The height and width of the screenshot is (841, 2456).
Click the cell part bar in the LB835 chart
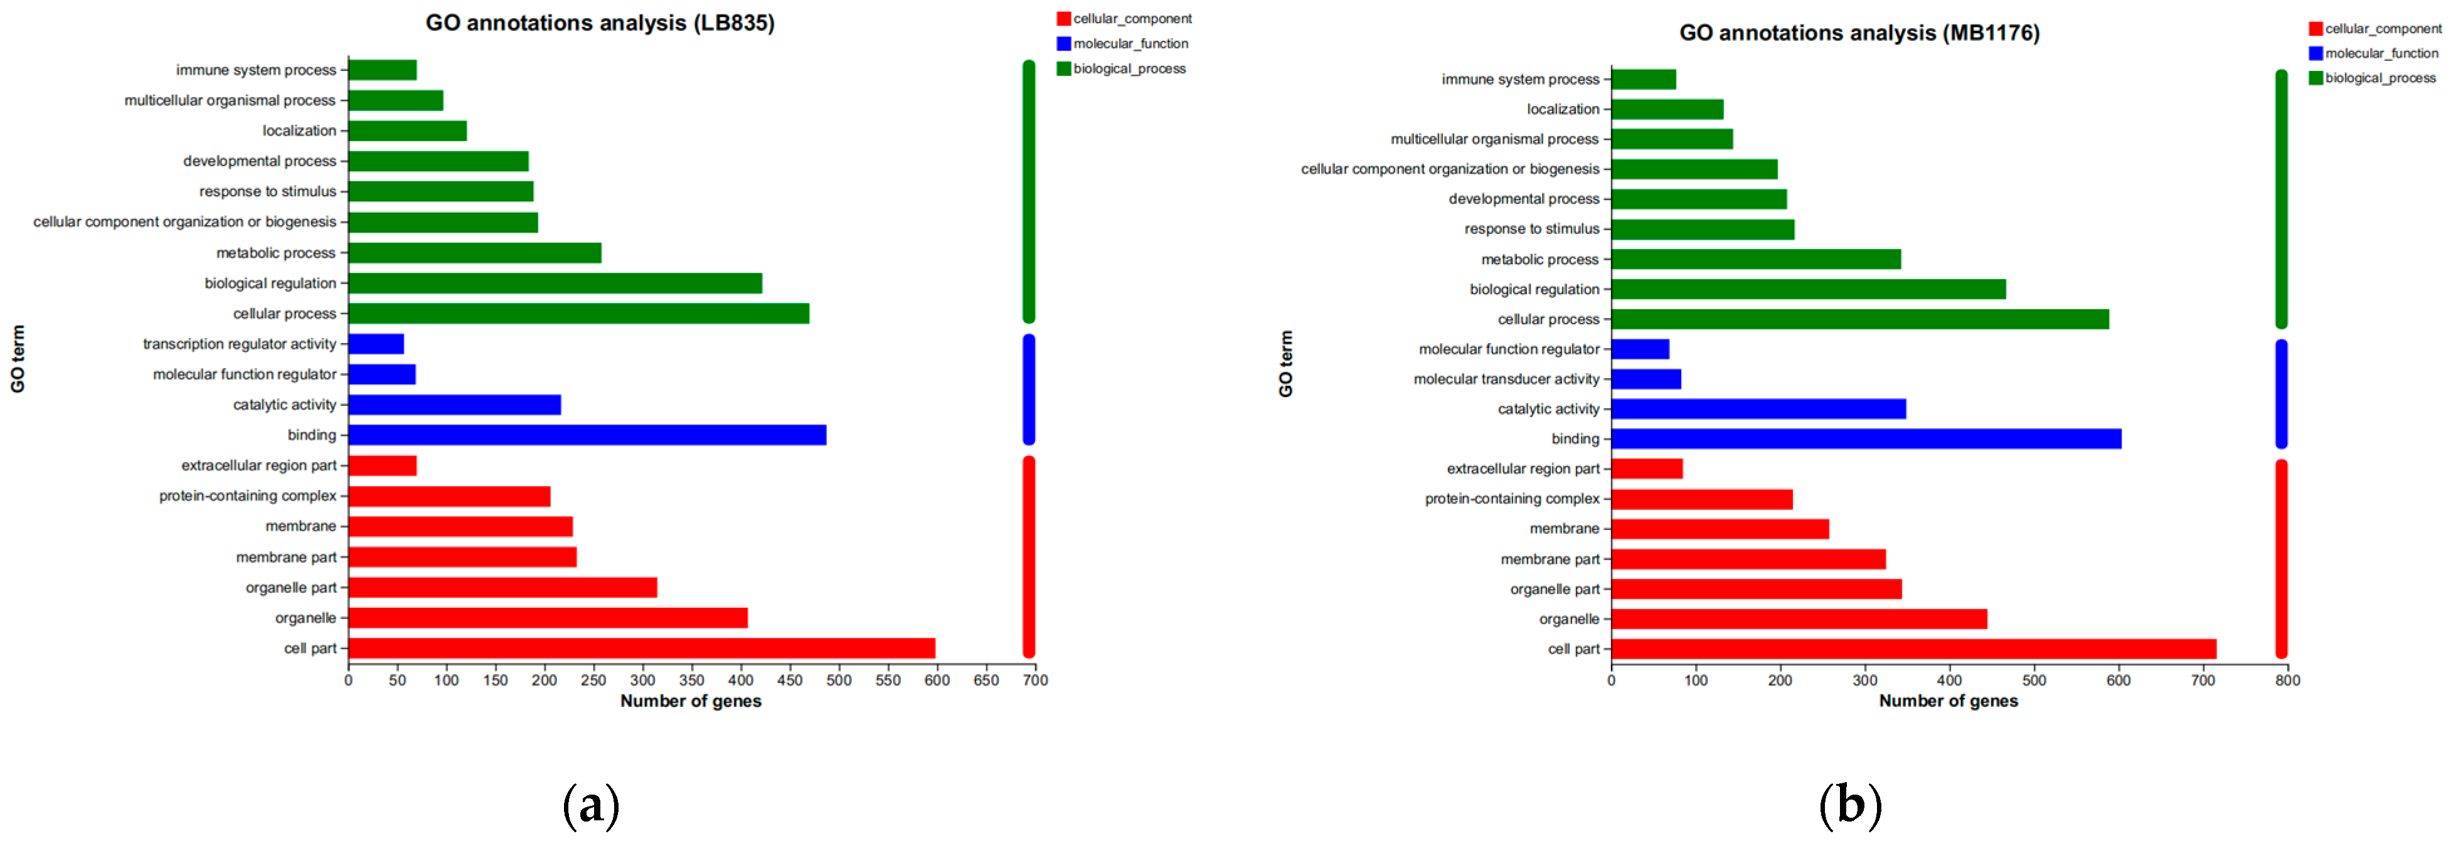tap(641, 648)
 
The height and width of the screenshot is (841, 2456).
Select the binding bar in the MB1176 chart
tap(1865, 438)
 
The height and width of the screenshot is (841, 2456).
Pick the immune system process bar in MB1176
tap(1643, 79)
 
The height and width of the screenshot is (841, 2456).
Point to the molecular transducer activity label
tap(1506, 379)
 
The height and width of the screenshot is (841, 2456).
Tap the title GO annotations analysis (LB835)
tap(600, 23)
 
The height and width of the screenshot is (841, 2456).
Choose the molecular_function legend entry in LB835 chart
tap(1130, 44)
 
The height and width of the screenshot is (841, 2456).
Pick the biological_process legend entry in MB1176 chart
tap(2379, 78)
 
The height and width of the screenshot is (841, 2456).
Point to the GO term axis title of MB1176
tap(1285, 364)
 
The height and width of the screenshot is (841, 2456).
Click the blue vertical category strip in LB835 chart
tap(1029, 389)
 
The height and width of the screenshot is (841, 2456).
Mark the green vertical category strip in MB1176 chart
tap(2280, 198)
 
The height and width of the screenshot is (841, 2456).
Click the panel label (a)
tap(591, 806)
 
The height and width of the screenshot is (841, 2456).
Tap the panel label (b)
tap(1849, 806)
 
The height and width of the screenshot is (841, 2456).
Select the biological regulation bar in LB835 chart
tap(555, 283)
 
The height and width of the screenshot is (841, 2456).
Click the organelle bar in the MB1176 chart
tap(1798, 620)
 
